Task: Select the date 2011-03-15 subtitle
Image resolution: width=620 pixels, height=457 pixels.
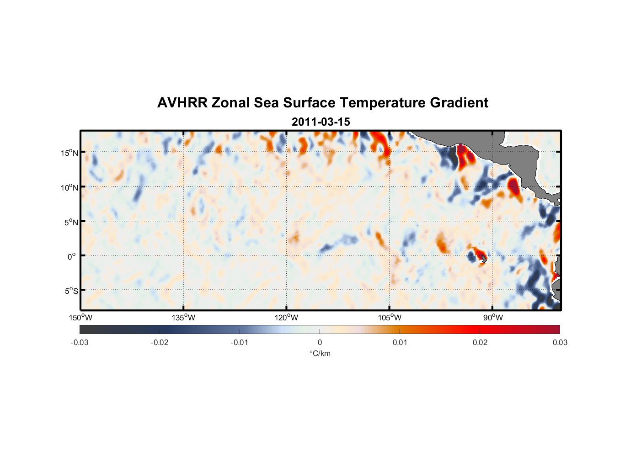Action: pos(321,122)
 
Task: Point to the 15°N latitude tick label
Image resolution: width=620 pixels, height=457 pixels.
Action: pos(69,153)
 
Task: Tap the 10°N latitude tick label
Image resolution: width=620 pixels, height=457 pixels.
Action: pos(69,187)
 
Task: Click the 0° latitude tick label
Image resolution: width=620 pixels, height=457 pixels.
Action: pos(72,256)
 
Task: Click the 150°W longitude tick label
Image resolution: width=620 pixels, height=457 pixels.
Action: pos(80,318)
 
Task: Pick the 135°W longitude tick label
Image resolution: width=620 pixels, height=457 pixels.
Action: pos(183,318)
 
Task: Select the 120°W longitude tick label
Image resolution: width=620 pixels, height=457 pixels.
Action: pos(286,318)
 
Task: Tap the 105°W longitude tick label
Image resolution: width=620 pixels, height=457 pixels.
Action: pos(390,318)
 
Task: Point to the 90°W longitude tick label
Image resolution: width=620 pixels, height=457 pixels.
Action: pos(493,318)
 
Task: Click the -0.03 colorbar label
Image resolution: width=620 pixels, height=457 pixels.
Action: pos(80,343)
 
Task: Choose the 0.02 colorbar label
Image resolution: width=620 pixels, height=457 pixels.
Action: pos(480,343)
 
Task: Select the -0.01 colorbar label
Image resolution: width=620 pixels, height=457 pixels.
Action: pos(240,343)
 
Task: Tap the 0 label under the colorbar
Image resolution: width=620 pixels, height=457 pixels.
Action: pos(320,343)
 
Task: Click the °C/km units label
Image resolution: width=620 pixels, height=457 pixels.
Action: pos(320,353)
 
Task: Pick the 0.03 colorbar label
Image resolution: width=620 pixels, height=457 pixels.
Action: pos(560,343)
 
